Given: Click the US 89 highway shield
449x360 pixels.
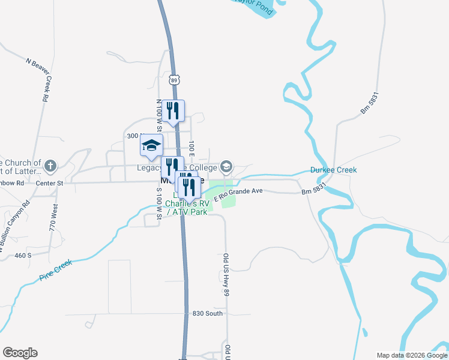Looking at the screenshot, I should (x=174, y=80).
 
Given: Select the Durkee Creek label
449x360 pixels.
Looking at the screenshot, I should (x=333, y=170).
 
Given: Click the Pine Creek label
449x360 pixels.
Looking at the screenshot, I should (x=56, y=270).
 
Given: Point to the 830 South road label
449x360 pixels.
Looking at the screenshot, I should (x=208, y=313).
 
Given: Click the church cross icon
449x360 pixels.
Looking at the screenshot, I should (x=51, y=164).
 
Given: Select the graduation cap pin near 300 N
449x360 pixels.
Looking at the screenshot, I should (x=151, y=145).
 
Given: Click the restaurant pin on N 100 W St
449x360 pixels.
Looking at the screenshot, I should (x=173, y=110).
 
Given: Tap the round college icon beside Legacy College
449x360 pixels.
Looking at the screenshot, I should (x=226, y=166).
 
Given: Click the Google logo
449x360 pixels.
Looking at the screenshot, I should (x=20, y=353).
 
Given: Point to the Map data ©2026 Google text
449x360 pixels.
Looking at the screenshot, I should (x=412, y=355).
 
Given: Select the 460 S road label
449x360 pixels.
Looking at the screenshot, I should (x=23, y=256).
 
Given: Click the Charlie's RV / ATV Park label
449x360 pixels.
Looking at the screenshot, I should (x=186, y=208).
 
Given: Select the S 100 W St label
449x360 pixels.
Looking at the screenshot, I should (x=159, y=205).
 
